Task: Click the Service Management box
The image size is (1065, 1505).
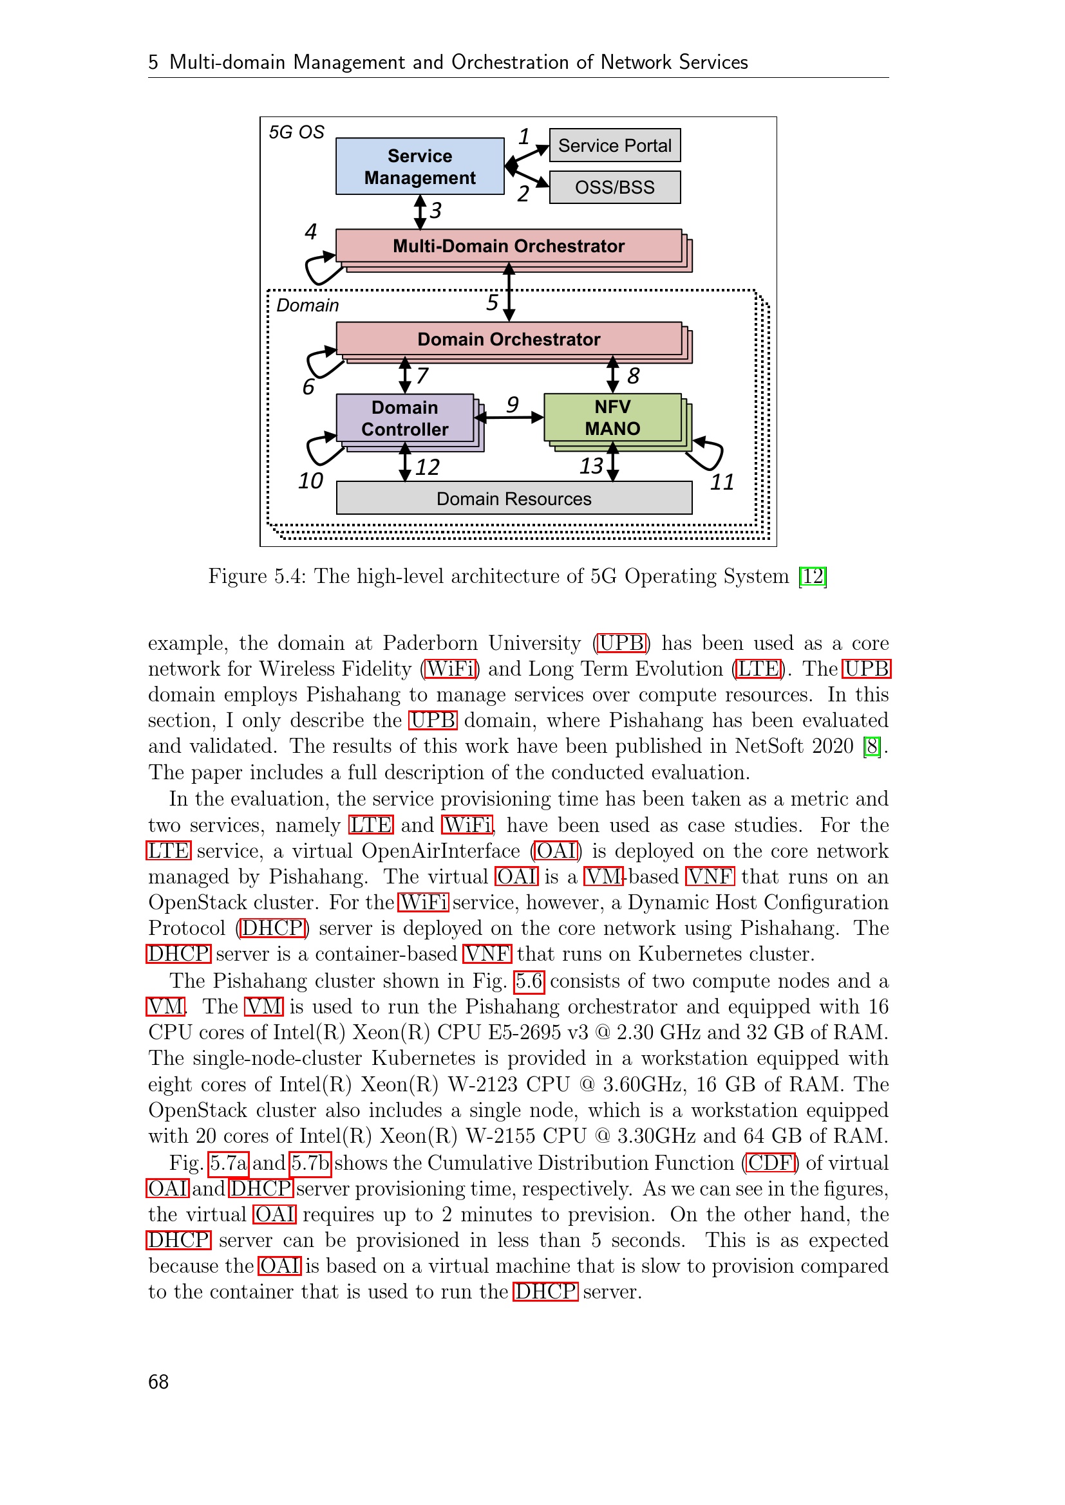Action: coord(420,167)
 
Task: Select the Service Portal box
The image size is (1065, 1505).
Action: coord(614,145)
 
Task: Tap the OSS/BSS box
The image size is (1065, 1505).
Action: coord(614,187)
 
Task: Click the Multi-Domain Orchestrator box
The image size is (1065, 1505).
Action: coord(508,246)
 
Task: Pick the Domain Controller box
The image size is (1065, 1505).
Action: coord(404,418)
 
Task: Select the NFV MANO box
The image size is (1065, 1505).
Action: coord(612,418)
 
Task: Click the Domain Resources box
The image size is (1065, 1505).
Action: coord(513,499)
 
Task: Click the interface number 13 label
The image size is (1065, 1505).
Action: coord(591,466)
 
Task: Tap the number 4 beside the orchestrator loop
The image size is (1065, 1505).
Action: coord(310,232)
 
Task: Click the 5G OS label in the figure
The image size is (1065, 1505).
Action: coord(296,133)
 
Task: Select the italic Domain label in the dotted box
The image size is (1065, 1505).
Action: coord(308,306)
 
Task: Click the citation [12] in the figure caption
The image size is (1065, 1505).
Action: coord(813,576)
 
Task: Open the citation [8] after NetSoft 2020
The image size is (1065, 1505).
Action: coord(872,746)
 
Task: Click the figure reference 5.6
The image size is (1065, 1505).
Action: coord(529,981)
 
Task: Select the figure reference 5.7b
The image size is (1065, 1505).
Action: coord(311,1163)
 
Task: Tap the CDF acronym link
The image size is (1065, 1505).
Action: coord(771,1163)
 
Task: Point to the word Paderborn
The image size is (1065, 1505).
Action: coord(429,643)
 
